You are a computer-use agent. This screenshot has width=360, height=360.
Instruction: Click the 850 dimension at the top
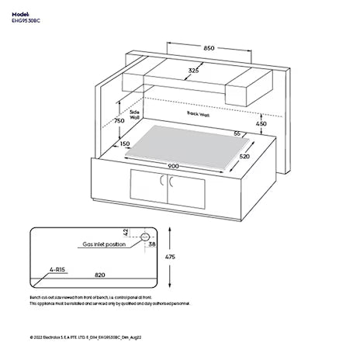click(209, 49)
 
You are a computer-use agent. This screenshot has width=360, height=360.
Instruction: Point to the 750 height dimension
click(119, 121)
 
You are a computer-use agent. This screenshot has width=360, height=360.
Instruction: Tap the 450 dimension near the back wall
click(261, 124)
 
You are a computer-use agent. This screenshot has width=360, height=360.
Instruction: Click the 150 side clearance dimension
click(125, 144)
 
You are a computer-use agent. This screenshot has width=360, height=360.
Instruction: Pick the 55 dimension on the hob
click(237, 133)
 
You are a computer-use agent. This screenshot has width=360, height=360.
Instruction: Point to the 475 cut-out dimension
click(180, 257)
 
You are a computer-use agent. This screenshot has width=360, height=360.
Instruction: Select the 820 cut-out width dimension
click(99, 275)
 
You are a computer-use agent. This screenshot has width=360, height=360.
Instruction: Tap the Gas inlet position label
click(103, 244)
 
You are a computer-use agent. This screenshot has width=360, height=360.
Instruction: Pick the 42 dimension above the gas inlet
click(126, 231)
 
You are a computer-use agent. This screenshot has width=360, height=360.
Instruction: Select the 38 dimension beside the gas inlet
click(152, 244)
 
